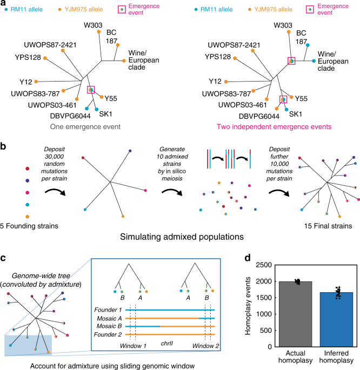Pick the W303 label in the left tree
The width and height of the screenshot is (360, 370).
click(98, 23)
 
